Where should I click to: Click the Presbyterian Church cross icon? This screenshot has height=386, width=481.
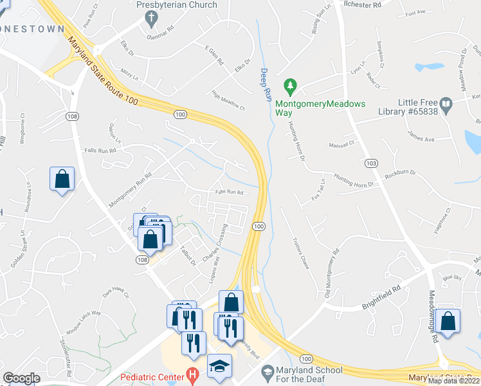pos(152,19)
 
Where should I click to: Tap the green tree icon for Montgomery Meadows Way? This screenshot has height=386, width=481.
pos(290,85)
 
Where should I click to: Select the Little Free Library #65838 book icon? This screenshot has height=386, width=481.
pos(446,103)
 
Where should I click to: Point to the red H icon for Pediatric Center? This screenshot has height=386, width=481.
pos(191,374)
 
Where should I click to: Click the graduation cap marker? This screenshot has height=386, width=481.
pos(219,367)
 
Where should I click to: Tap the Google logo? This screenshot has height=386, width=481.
pos(22,378)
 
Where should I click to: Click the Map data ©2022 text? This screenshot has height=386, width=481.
pos(454,381)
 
